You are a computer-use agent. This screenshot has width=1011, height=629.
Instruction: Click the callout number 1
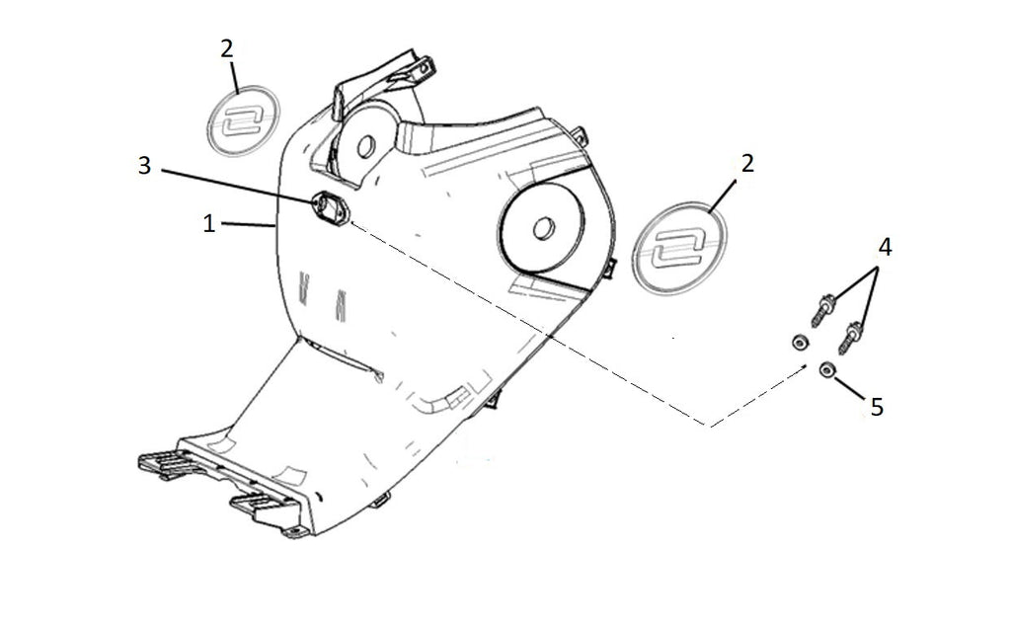click(208, 224)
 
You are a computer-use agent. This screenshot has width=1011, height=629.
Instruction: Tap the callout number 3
click(144, 165)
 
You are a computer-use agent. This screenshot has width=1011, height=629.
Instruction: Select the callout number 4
click(885, 247)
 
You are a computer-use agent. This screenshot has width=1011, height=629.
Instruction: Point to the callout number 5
click(877, 407)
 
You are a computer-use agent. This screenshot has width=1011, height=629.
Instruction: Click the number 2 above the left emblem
click(226, 49)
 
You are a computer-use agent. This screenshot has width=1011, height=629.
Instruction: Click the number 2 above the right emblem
click(747, 164)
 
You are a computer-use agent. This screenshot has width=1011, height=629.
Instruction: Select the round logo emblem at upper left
click(242, 120)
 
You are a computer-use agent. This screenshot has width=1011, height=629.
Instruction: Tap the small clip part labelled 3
click(330, 207)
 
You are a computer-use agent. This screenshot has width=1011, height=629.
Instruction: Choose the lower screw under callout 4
click(850, 338)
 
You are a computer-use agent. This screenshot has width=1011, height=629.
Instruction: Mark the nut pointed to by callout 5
click(826, 370)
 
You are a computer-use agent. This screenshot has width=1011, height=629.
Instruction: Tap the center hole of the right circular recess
click(544, 227)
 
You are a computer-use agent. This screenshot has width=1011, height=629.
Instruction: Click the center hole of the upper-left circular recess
click(365, 146)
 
